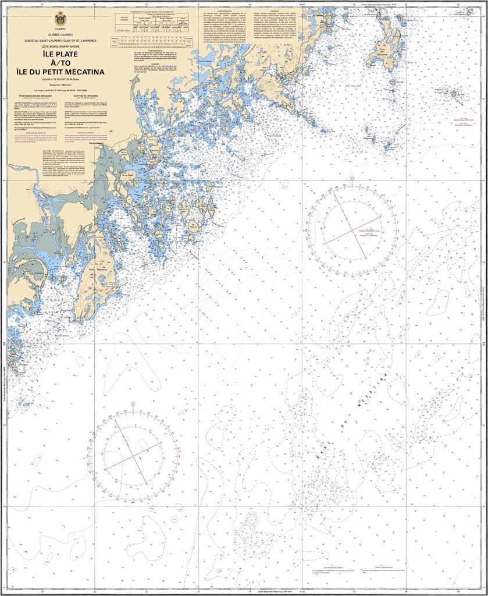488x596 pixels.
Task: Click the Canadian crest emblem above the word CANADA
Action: click(60, 17)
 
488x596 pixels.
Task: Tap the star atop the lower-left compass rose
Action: click(133, 403)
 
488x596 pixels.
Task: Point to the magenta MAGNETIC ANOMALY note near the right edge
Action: click(463, 124)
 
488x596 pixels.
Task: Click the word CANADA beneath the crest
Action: click(60, 28)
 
